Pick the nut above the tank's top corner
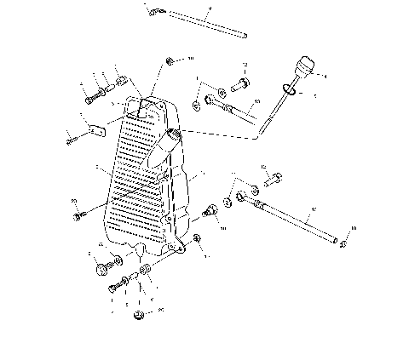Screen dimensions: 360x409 point(170,60)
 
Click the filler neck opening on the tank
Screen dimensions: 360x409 point(176,134)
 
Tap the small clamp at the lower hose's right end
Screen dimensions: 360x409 point(341,244)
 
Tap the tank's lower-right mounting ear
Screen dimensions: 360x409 point(178,248)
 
